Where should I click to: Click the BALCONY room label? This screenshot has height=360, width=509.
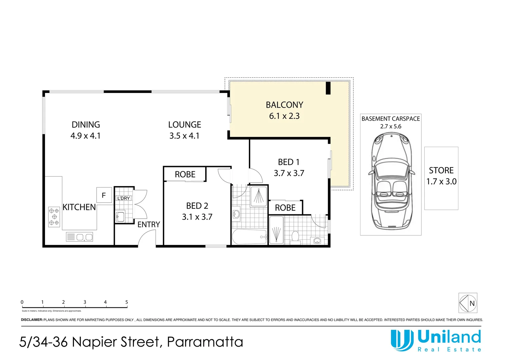284,105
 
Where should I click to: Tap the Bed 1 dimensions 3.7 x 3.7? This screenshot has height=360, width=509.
289,173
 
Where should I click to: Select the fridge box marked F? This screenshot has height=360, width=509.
104,195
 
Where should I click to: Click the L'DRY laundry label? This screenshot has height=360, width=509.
123,198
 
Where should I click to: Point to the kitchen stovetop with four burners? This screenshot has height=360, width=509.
54,217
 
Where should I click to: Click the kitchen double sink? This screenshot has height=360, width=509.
80,237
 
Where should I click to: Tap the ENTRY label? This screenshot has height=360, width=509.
149,225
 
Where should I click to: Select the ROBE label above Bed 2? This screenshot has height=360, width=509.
185,175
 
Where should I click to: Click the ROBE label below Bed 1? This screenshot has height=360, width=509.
285,208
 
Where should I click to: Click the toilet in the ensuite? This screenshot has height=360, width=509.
295,237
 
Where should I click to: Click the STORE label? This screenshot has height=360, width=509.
441,171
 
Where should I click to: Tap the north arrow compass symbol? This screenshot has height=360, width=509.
468,303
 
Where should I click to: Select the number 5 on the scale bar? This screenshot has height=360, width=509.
127,302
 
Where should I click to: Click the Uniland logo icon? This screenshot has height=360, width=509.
402,340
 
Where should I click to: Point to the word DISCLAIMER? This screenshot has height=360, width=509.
32,320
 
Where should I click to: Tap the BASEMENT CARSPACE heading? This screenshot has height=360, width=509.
390,119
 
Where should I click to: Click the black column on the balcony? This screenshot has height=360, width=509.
328,88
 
